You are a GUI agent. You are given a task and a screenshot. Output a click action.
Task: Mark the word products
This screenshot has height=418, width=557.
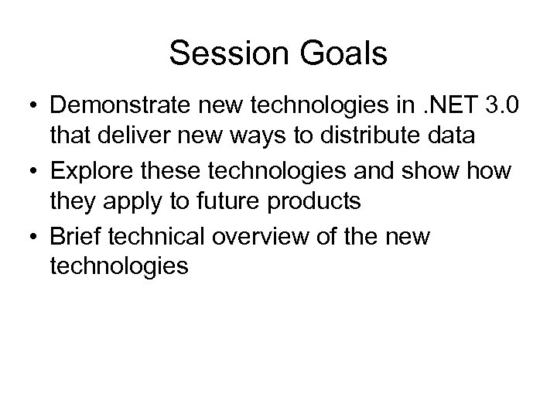(314, 202)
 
